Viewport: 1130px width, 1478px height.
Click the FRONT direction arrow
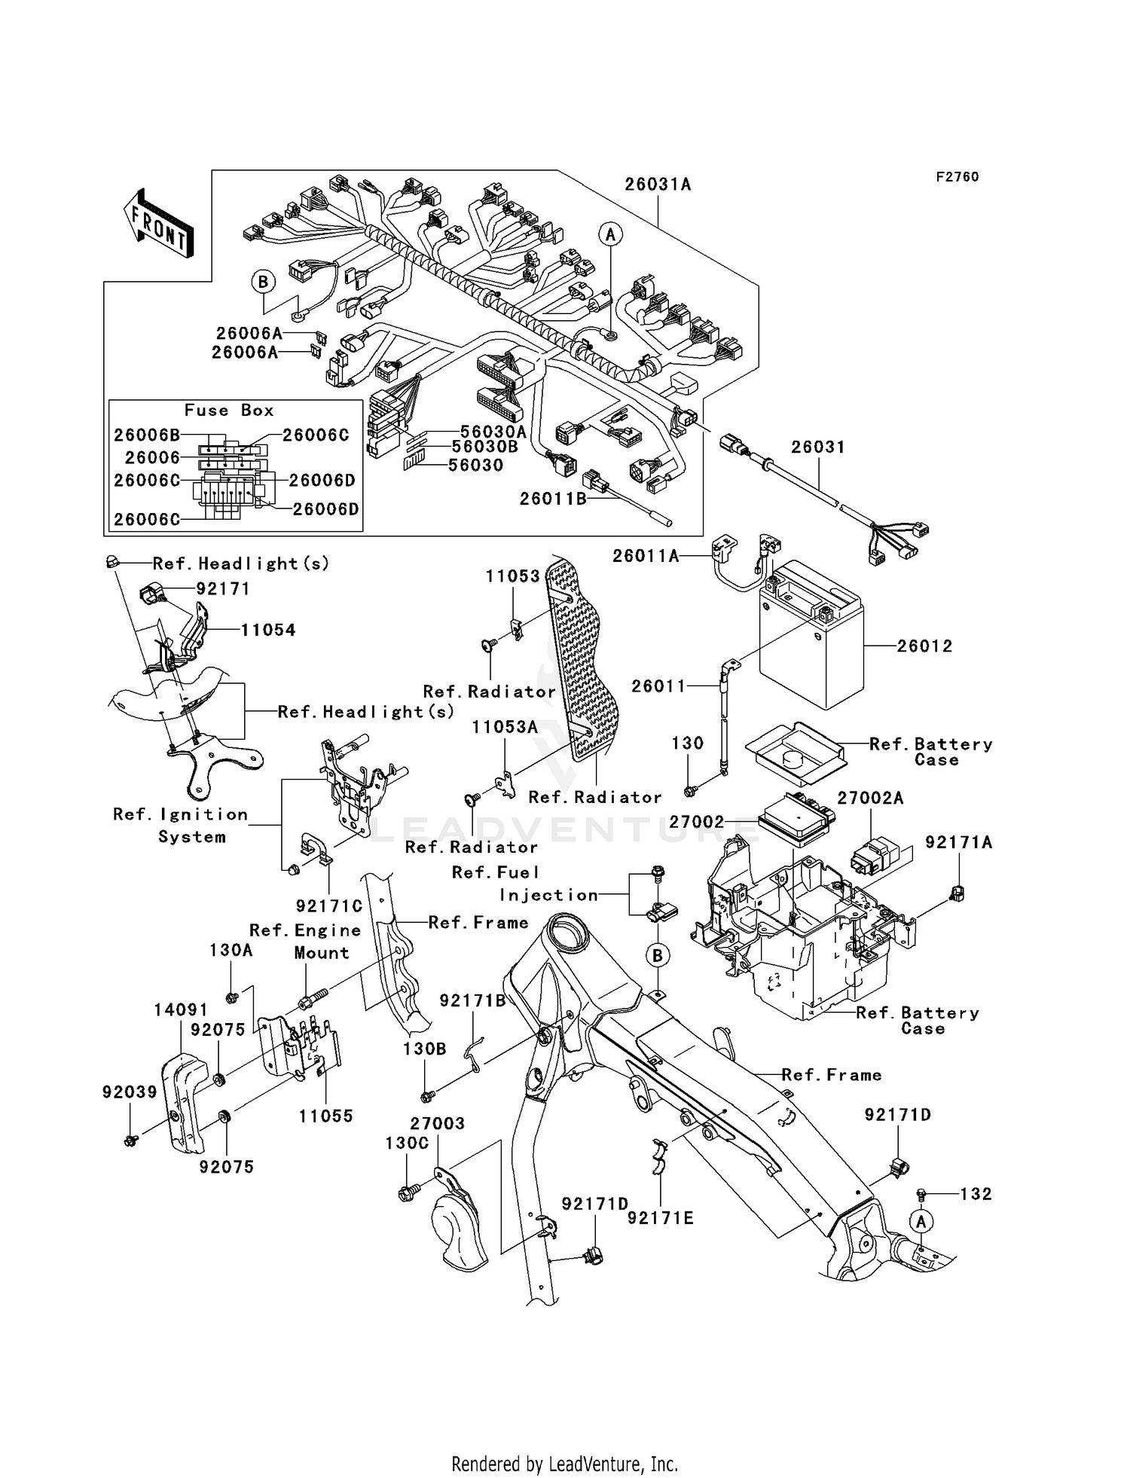[159, 224]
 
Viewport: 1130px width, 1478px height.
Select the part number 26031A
[657, 185]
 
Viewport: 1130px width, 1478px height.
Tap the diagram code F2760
[957, 177]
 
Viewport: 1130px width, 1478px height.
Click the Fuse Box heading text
[229, 411]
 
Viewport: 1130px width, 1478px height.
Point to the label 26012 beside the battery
[924, 646]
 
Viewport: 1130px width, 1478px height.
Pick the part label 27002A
[869, 799]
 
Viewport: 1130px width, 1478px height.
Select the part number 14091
[180, 1009]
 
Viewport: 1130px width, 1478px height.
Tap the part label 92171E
[660, 1218]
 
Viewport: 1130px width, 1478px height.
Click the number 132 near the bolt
[976, 1194]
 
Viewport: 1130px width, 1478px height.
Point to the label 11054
[267, 631]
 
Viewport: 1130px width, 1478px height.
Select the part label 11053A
[504, 727]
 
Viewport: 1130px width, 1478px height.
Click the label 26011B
[552, 499]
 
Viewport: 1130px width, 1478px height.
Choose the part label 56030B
[484, 447]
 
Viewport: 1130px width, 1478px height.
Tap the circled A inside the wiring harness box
[610, 235]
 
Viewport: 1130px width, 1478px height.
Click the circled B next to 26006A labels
[263, 282]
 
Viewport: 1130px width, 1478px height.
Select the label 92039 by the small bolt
[130, 1092]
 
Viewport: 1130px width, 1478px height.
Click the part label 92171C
[328, 906]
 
